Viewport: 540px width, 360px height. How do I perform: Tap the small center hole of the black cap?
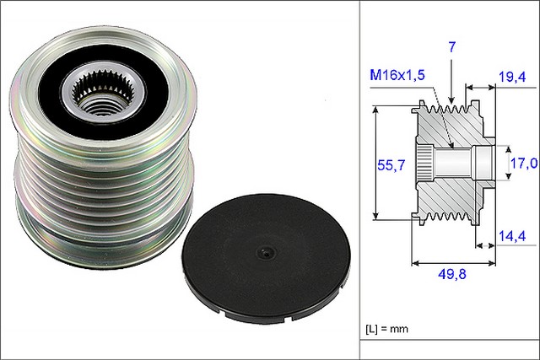tap(264, 251)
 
